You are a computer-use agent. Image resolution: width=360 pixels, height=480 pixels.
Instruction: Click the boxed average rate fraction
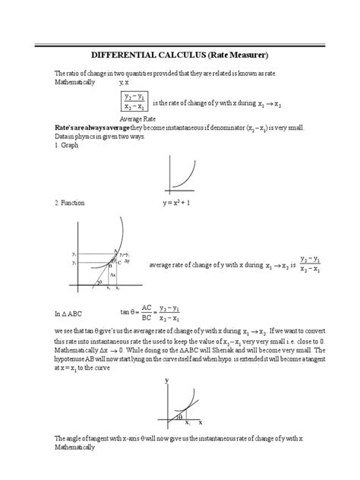(x=134, y=102)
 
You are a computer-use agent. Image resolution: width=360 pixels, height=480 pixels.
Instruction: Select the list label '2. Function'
(x=71, y=204)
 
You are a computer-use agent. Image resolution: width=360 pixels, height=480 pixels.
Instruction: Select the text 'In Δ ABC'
(x=71, y=313)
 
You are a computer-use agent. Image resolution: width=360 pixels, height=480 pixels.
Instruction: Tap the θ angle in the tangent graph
(x=180, y=416)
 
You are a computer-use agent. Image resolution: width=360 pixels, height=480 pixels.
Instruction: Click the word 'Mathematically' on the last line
(x=74, y=447)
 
